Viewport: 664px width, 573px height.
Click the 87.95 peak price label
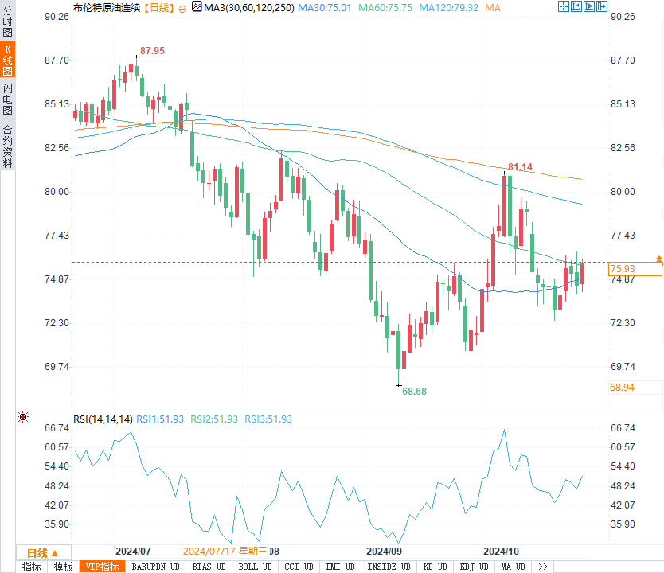[x=152, y=50]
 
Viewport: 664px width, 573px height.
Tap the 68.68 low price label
[x=414, y=391]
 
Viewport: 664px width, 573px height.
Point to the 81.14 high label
[x=519, y=166]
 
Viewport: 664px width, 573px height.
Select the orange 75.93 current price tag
[x=623, y=269]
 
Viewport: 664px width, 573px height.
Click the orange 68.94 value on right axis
[x=623, y=387]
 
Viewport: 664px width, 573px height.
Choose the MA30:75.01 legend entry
[x=324, y=7]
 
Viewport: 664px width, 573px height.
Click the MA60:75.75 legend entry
[x=385, y=7]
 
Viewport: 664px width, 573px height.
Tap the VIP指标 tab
[x=103, y=567]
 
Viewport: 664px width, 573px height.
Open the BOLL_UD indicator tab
[x=255, y=567]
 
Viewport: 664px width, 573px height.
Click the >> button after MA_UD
[x=543, y=567]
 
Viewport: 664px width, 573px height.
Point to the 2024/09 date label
[x=383, y=551]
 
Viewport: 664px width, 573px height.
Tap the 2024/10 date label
[x=502, y=551]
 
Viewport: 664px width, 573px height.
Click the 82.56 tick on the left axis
[x=55, y=148]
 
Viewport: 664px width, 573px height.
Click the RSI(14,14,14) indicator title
[x=103, y=419]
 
